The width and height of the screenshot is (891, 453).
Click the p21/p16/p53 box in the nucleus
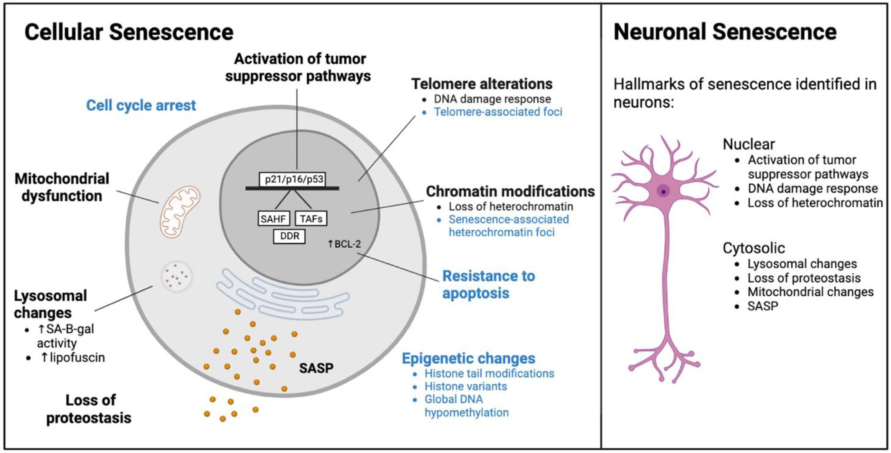point(292,179)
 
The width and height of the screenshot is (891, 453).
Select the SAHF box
point(273,219)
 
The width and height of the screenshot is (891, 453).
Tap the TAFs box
point(311,219)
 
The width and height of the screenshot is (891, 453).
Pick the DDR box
point(289,236)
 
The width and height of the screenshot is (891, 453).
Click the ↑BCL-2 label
point(344,244)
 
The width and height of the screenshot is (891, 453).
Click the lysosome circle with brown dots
point(177,276)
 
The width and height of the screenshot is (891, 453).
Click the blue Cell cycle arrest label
point(141,105)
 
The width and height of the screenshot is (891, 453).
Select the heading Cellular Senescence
point(129,32)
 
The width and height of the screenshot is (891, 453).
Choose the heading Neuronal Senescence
point(725,32)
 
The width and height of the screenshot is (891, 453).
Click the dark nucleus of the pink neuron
point(663,191)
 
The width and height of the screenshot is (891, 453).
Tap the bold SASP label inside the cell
point(316,368)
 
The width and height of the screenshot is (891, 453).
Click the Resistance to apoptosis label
point(488,284)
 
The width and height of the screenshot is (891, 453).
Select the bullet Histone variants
point(466,386)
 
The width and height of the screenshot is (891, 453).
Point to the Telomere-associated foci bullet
point(498,112)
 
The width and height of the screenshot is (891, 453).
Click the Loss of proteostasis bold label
point(89,409)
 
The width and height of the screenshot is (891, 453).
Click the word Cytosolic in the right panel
point(754,248)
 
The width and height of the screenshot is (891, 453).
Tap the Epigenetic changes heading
point(468,358)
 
